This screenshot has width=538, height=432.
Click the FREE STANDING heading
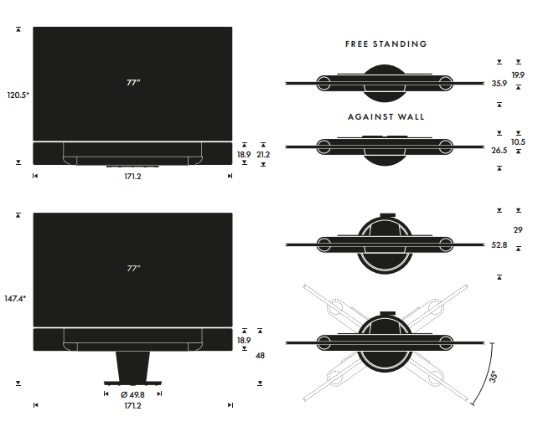(x=385, y=44)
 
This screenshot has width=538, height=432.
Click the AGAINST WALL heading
(x=385, y=117)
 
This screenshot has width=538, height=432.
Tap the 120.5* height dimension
(x=18, y=95)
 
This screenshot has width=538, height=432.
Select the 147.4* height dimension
(x=16, y=298)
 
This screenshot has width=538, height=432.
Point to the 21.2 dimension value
(x=263, y=154)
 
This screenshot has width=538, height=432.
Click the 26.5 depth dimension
(x=499, y=151)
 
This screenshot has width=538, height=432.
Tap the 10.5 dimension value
(x=518, y=142)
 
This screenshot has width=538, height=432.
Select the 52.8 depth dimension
(x=499, y=244)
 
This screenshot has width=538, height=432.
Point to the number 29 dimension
(x=517, y=229)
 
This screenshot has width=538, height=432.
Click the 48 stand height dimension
(x=260, y=356)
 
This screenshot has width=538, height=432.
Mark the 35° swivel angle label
(x=494, y=378)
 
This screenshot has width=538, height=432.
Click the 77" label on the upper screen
(x=132, y=83)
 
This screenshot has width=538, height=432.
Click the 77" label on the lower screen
(x=132, y=269)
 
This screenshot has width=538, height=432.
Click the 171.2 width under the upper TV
(x=132, y=177)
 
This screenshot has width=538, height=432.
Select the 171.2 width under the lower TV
(x=132, y=406)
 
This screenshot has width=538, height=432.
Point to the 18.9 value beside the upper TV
(x=244, y=154)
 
